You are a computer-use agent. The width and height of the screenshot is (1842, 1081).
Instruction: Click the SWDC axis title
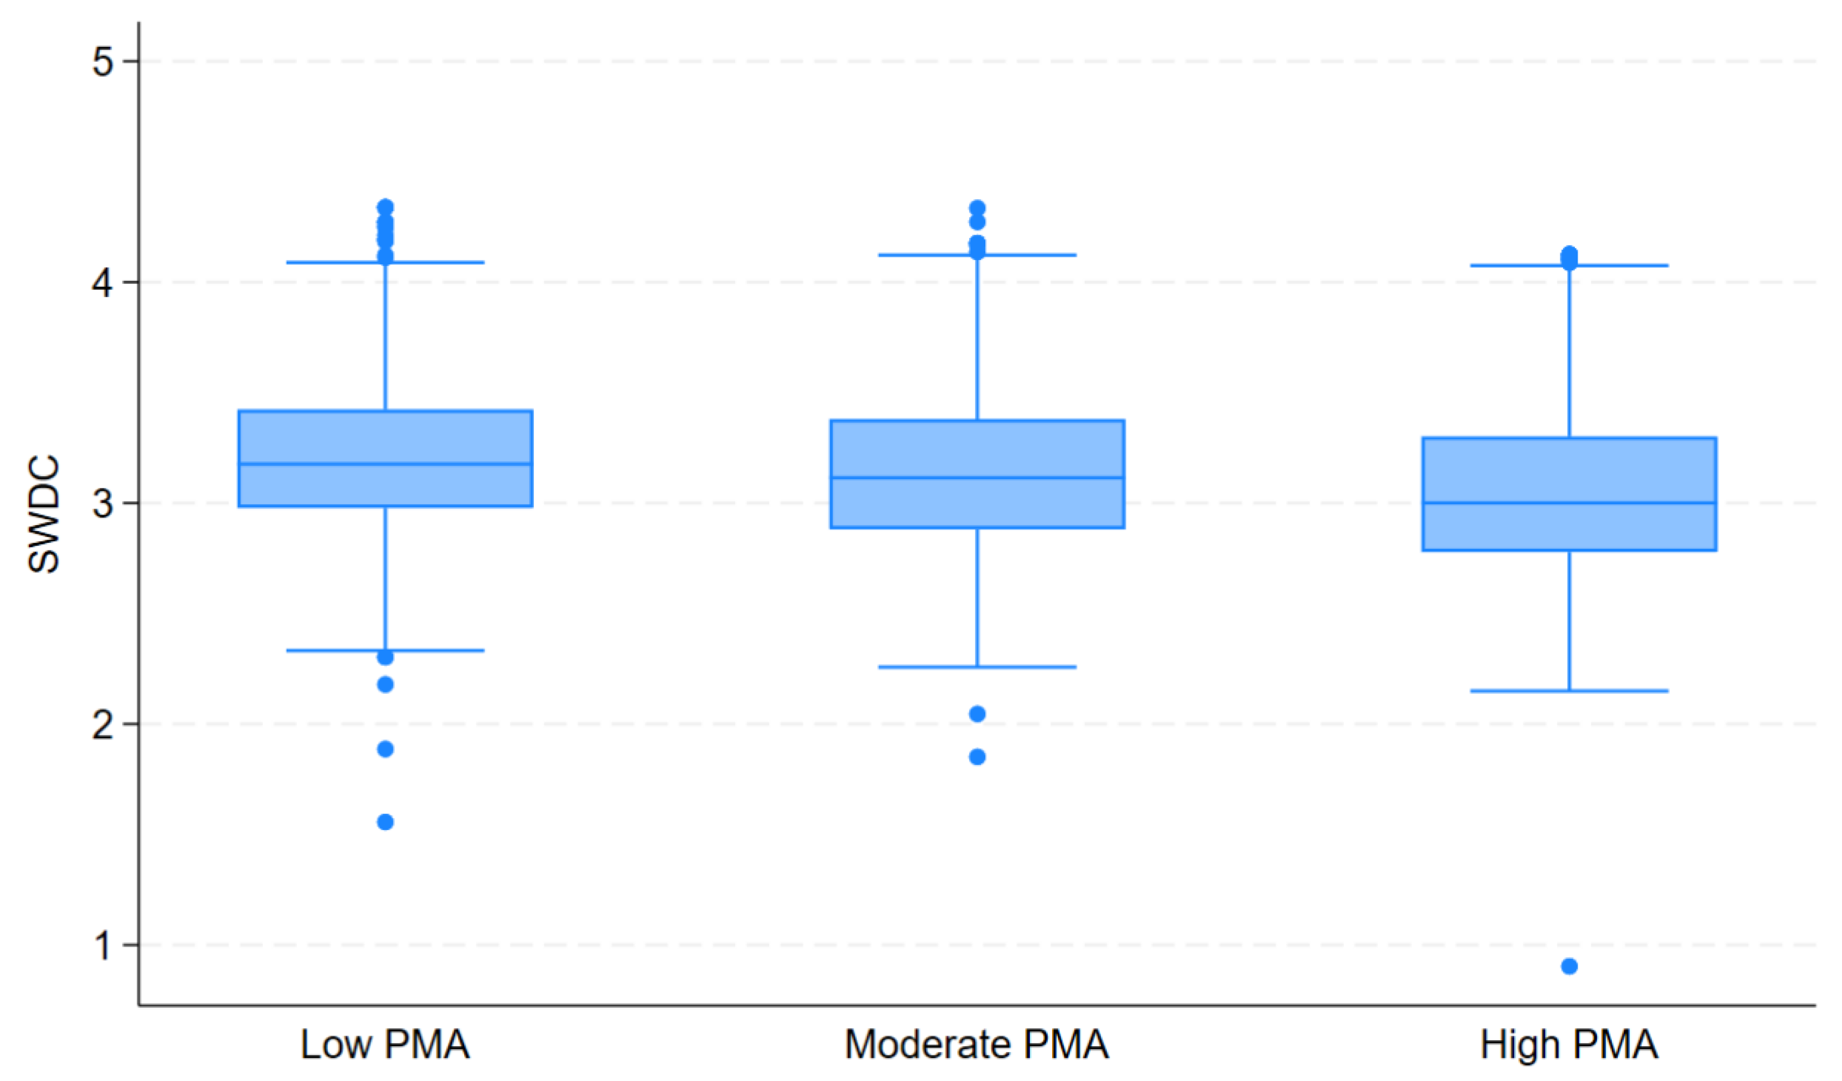coord(44,515)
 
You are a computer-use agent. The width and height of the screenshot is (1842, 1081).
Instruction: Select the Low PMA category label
coord(385,1045)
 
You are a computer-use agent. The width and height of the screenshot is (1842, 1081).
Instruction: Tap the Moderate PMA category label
coord(977,1045)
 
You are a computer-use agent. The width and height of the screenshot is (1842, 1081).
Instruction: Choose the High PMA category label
coord(1568,1045)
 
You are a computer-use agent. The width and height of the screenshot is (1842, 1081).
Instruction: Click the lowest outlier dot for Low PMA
coord(385,822)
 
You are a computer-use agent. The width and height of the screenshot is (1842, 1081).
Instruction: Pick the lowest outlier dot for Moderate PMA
coord(977,756)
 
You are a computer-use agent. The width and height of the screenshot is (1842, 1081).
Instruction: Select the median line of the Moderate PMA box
coord(977,478)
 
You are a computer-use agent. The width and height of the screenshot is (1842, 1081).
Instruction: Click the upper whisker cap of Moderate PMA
coord(1023,255)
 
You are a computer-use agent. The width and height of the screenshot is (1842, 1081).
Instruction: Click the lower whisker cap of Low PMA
coord(431,650)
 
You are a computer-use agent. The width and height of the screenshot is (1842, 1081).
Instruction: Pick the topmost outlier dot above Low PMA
coord(385,207)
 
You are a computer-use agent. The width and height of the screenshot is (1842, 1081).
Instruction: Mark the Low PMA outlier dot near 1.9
coord(385,749)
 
